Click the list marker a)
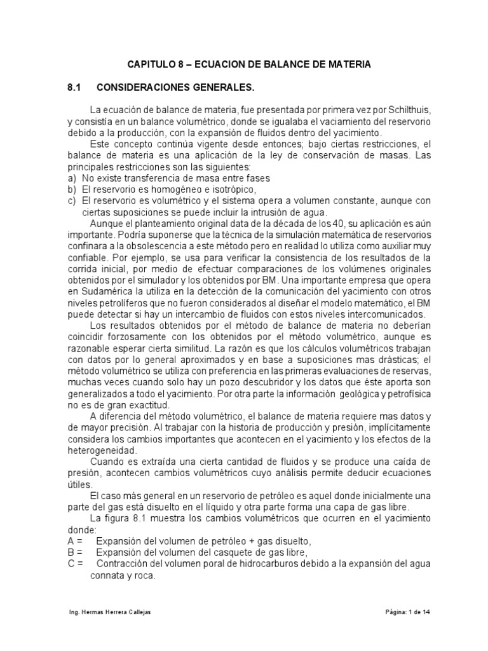(72, 177)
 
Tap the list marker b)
(72, 189)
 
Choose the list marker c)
(72, 200)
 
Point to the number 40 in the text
(318, 223)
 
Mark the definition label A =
(75, 540)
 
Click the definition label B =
(75, 552)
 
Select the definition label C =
(75, 563)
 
